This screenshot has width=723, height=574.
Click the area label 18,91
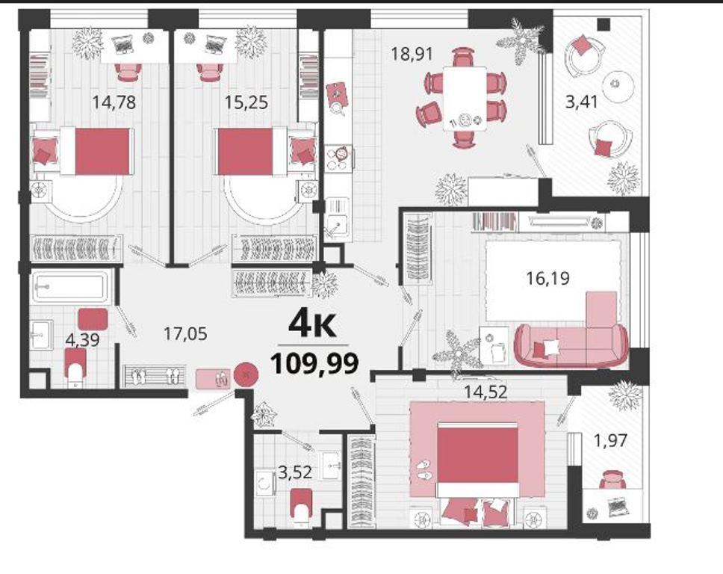(x=412, y=54)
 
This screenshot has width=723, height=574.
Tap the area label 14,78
(x=114, y=102)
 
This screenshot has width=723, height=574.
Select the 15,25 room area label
(x=246, y=102)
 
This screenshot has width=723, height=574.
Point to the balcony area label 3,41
(x=581, y=102)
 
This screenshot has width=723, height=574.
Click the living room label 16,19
(x=547, y=278)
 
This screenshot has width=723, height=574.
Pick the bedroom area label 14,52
(x=485, y=392)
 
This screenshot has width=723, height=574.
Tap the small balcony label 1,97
(x=610, y=441)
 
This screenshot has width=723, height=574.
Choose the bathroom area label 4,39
(x=83, y=340)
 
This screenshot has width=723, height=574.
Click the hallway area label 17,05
(x=185, y=333)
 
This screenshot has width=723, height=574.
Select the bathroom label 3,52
(x=296, y=472)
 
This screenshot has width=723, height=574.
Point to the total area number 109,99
(x=314, y=363)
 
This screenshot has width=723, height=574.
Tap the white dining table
(x=465, y=99)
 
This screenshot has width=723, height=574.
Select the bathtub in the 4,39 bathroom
(x=71, y=286)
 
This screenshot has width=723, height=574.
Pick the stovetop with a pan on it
(x=339, y=158)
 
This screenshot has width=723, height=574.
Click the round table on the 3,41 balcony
(x=615, y=87)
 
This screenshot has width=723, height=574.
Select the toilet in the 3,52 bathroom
(x=302, y=507)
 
